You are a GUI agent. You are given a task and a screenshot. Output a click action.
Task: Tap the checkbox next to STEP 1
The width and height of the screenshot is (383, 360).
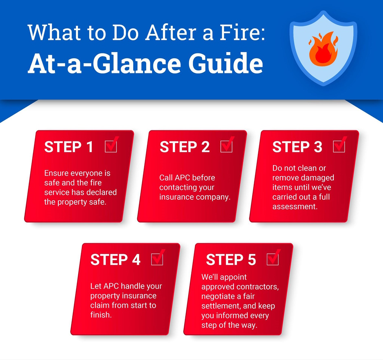pos(111,146)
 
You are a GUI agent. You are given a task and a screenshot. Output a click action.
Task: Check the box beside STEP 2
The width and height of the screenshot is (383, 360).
pos(227,146)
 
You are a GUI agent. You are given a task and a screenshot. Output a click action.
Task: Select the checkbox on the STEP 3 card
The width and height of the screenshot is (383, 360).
pos(339,146)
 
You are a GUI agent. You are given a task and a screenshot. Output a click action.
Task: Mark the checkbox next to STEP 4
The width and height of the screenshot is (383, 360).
pos(157,258)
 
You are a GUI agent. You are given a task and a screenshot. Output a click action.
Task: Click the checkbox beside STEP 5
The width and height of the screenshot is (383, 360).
pos(273,258)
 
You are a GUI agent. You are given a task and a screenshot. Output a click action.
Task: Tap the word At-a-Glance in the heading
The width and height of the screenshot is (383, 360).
pos(104,63)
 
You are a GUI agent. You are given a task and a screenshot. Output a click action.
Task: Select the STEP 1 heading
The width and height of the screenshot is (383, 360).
pos(68,147)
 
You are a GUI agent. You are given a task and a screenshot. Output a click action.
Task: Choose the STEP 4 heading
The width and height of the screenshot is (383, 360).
pos(115,260)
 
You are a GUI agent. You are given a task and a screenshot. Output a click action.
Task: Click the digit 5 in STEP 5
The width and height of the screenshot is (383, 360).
pos(252,260)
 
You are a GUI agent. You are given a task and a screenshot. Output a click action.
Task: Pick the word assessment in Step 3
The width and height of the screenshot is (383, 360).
pos(295,207)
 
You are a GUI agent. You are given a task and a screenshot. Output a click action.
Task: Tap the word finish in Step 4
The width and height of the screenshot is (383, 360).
pos(101,315)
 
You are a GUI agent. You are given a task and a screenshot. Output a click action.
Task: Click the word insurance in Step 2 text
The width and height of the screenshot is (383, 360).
pos(174,197)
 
